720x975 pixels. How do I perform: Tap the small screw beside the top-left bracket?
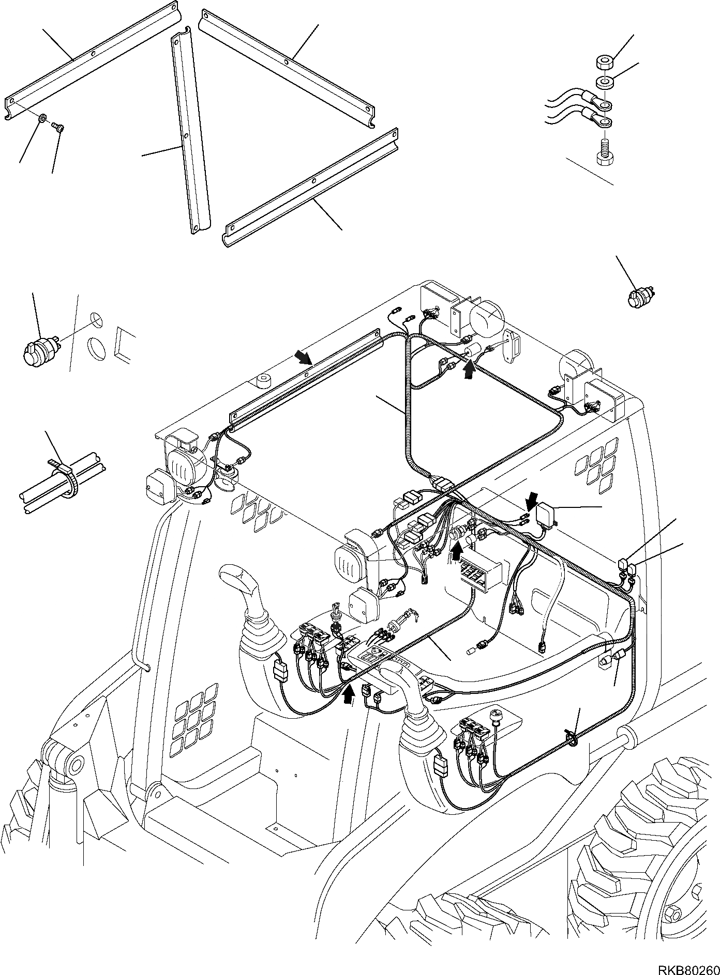pyautogui.click(x=57, y=126)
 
